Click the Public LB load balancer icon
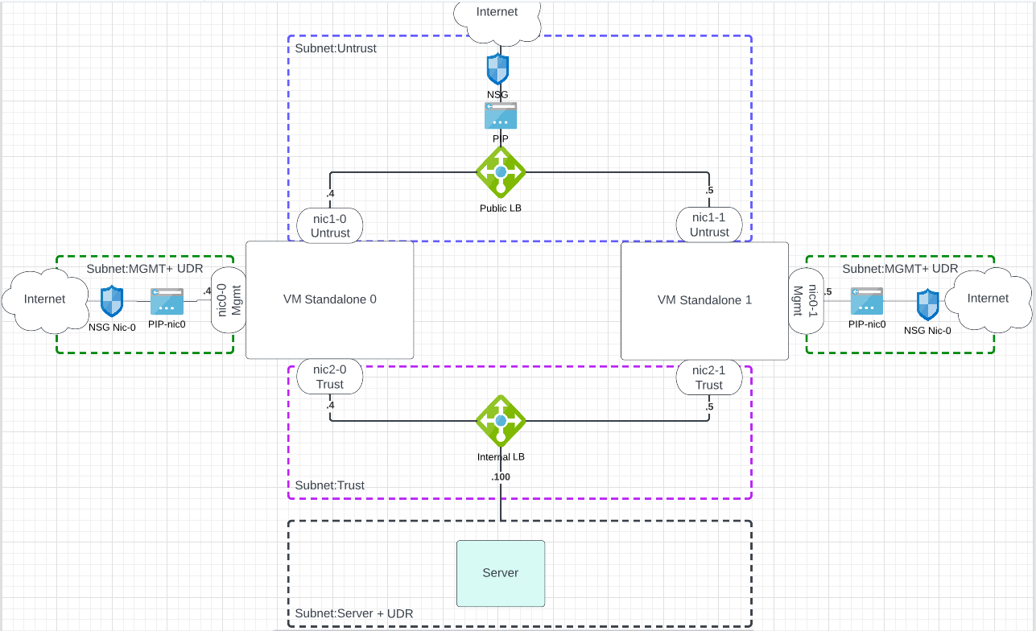tap(501, 171)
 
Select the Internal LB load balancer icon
tap(501, 420)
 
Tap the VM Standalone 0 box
tap(329, 299)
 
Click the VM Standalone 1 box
tap(704, 299)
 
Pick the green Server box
tap(501, 573)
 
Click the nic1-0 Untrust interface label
tap(330, 225)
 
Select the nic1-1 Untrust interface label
tap(709, 225)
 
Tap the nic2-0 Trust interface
tap(330, 377)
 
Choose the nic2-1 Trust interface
tap(709, 377)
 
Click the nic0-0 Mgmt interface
tap(228, 299)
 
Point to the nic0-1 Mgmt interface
tap(805, 299)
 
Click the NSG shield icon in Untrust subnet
tap(497, 69)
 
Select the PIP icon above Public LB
tap(501, 116)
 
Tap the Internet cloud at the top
tap(497, 16)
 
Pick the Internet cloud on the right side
tap(988, 299)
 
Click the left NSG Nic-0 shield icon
tap(111, 302)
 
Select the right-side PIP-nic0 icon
tap(867, 302)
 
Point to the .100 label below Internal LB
tap(501, 477)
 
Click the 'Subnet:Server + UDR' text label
tap(354, 613)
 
